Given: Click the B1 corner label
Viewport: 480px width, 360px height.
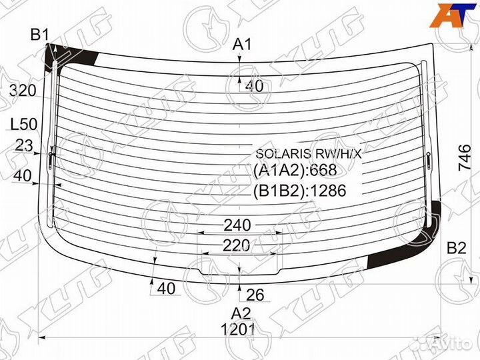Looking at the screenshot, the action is pyautogui.click(x=39, y=35).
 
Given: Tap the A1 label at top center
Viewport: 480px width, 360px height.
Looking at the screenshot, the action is pyautogui.click(x=242, y=45).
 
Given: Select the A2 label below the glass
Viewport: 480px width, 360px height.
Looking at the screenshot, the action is pyautogui.click(x=241, y=313).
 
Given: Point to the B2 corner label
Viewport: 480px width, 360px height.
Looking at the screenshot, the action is pyautogui.click(x=457, y=247).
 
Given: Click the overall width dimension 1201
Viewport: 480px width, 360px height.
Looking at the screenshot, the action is pyautogui.click(x=238, y=330).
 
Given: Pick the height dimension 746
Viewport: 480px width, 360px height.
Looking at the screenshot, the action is pyautogui.click(x=465, y=157).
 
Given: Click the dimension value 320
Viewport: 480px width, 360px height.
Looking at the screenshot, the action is pyautogui.click(x=23, y=91).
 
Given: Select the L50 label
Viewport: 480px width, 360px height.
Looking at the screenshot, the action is pyautogui.click(x=24, y=124).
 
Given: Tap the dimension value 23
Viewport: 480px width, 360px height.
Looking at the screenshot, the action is pyautogui.click(x=23, y=145).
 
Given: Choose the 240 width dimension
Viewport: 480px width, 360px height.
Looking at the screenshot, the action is pyautogui.click(x=237, y=225).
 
